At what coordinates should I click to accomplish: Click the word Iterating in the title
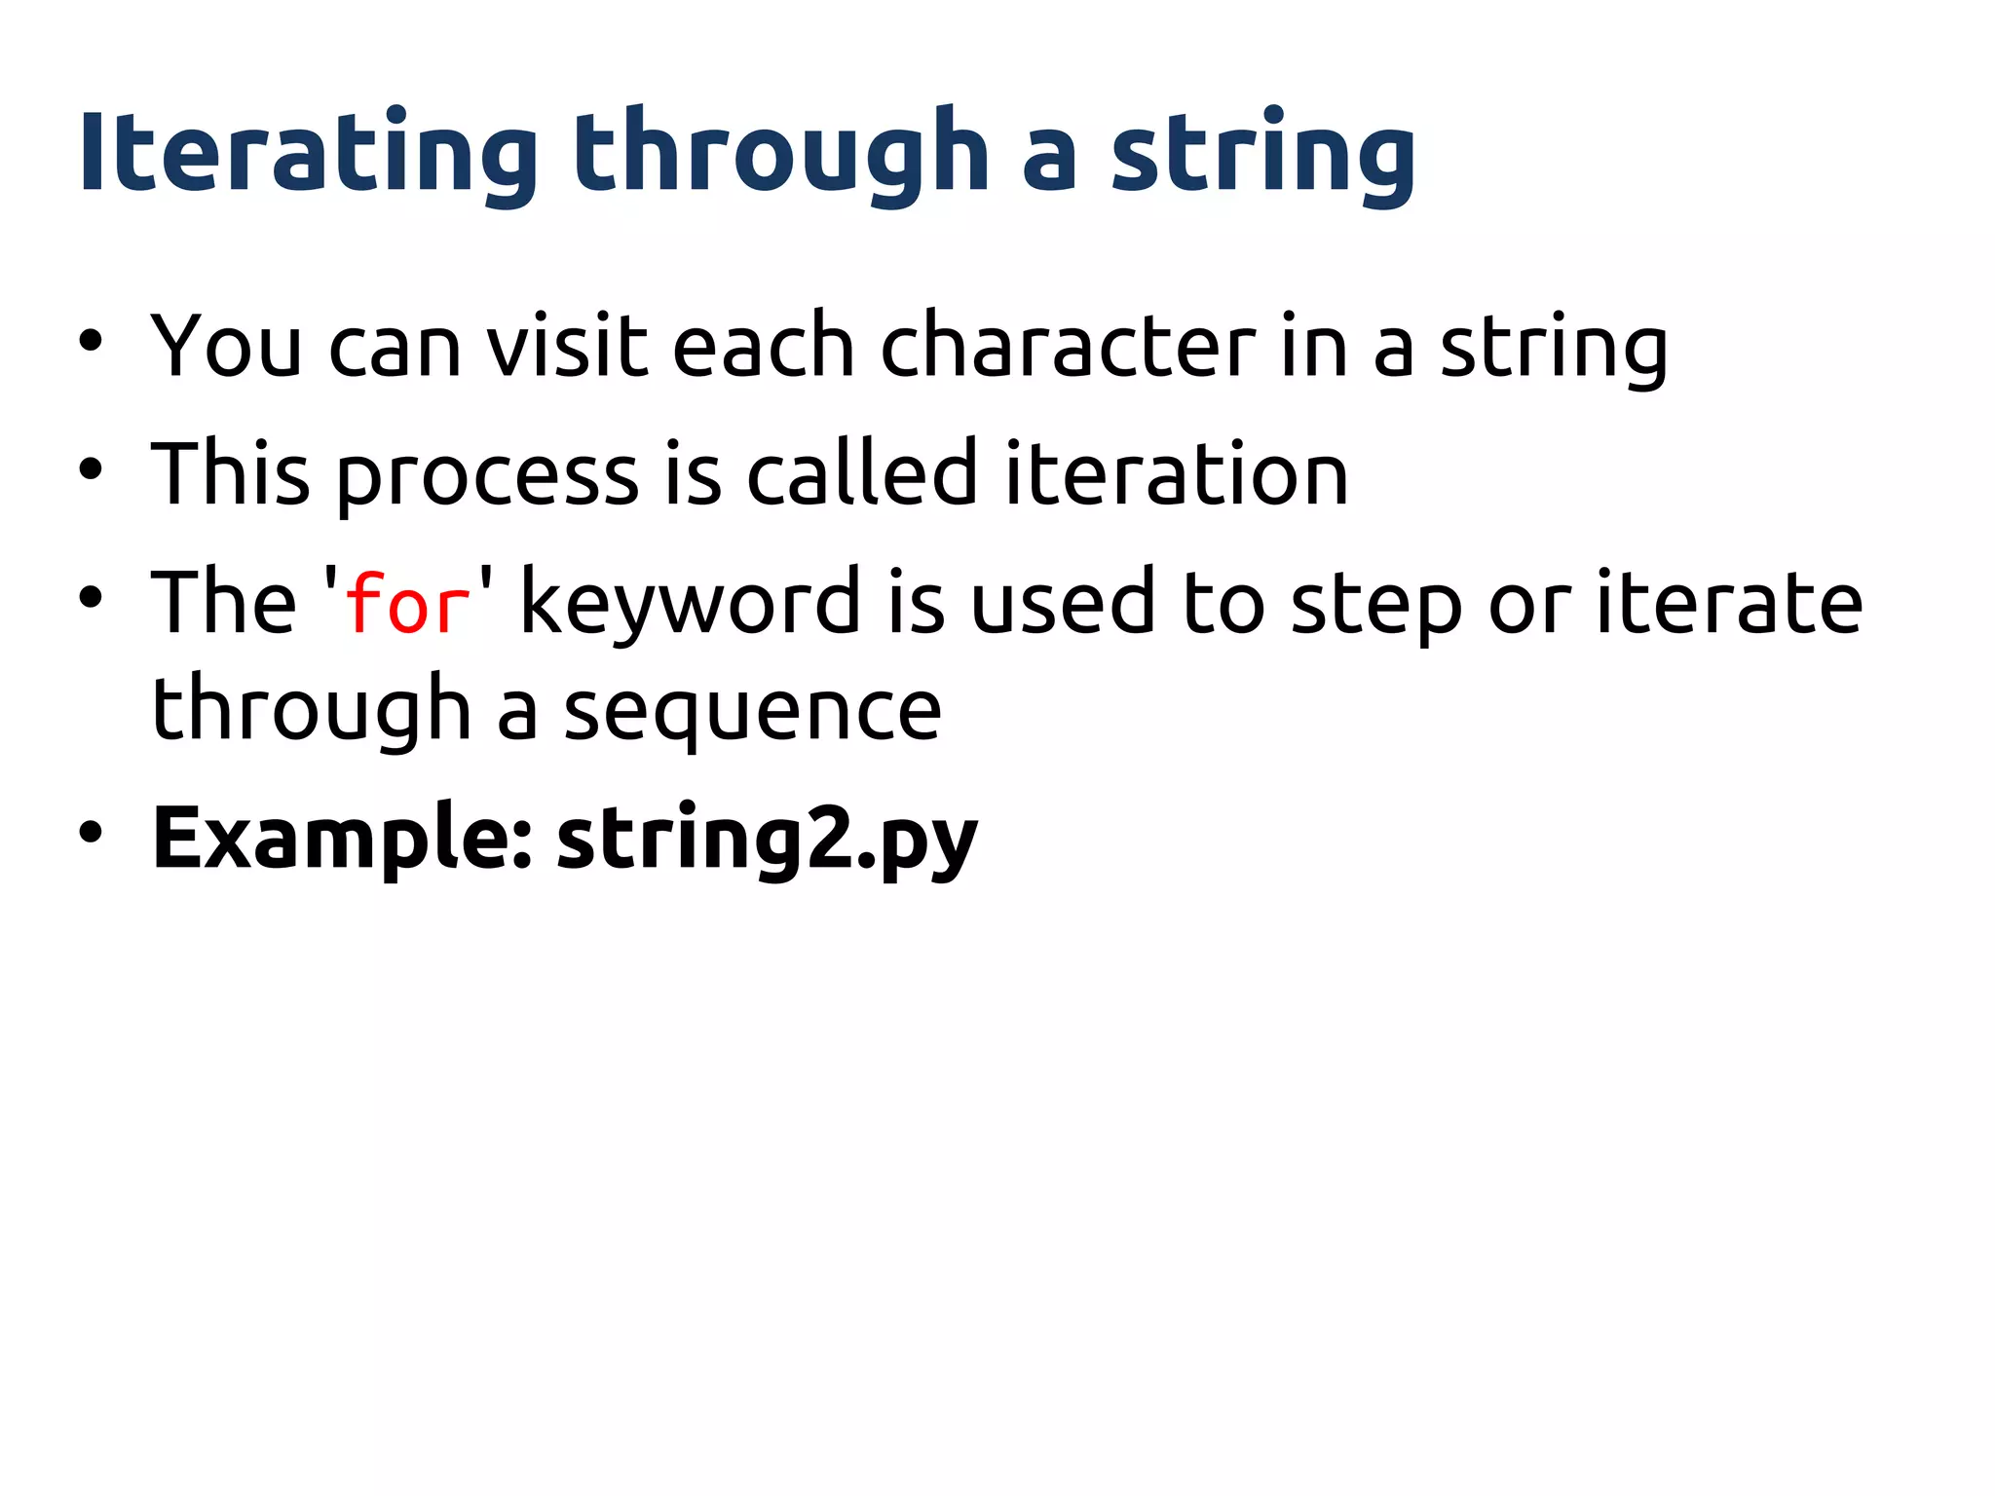[307, 154]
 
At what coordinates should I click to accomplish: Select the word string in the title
[1263, 154]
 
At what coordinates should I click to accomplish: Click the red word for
[408, 604]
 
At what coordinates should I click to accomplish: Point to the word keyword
[690, 604]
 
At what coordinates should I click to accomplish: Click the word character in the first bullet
[1068, 347]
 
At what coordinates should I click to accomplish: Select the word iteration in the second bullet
[1176, 474]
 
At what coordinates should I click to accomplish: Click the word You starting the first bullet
[226, 347]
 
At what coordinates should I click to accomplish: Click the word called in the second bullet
[861, 474]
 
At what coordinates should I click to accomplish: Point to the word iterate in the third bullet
[1729, 604]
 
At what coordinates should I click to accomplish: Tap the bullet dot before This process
[91, 470]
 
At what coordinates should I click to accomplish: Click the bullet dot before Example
[91, 833]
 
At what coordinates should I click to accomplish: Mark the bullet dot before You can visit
[91, 342]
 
